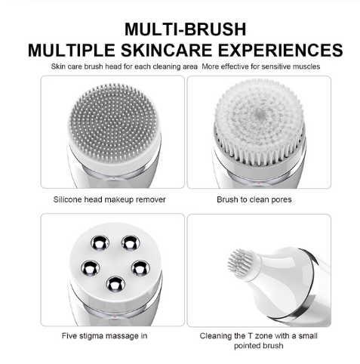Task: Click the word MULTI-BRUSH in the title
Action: (185, 29)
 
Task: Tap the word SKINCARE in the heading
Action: (167, 50)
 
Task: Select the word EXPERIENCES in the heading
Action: (280, 50)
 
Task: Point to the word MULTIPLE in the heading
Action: (72, 50)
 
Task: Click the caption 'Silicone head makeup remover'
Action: (109, 199)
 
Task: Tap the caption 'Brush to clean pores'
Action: (254, 199)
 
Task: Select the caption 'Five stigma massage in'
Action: (104, 336)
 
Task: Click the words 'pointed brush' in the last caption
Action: (258, 346)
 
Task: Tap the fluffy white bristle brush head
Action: (258, 119)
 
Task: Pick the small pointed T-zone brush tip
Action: (241, 263)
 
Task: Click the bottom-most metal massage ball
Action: (115, 285)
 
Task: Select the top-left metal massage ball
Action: (100, 243)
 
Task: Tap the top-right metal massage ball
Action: (131, 243)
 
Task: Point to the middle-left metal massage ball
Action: (91, 268)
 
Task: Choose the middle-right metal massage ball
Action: (140, 268)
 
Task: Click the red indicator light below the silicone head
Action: (114, 178)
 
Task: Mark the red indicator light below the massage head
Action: (115, 316)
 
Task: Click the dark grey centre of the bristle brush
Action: (259, 115)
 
